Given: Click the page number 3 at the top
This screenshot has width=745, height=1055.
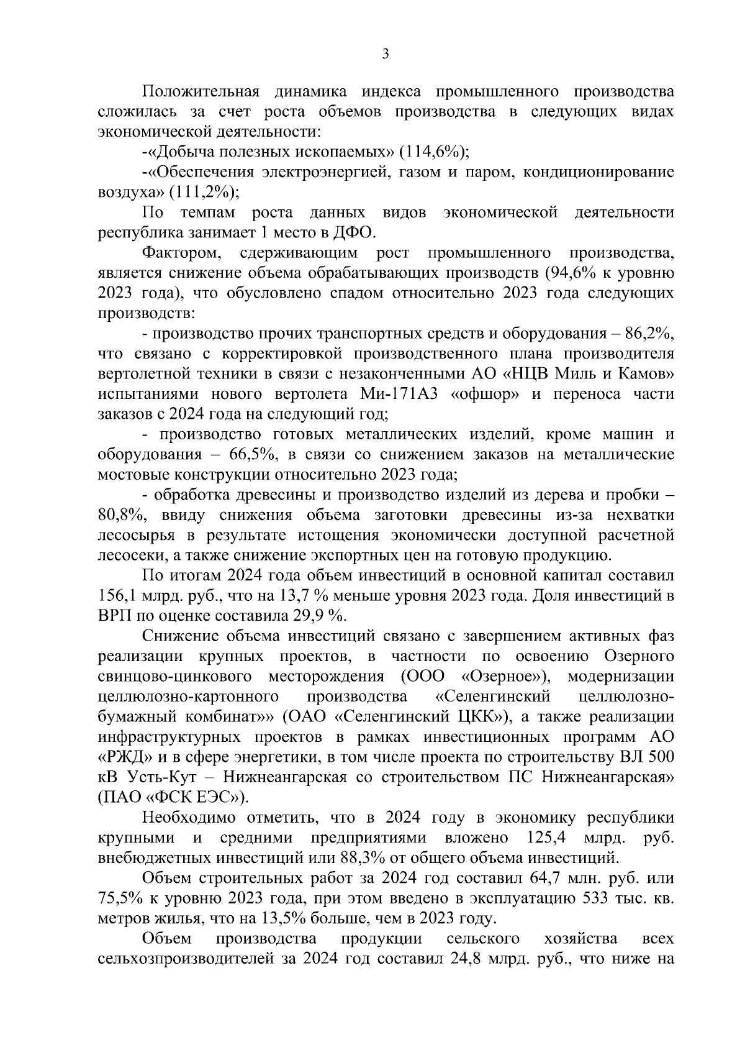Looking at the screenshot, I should click(385, 55).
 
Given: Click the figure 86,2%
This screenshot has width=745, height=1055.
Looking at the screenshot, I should click(647, 334).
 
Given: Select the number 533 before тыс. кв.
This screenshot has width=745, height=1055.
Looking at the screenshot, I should click(595, 899).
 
